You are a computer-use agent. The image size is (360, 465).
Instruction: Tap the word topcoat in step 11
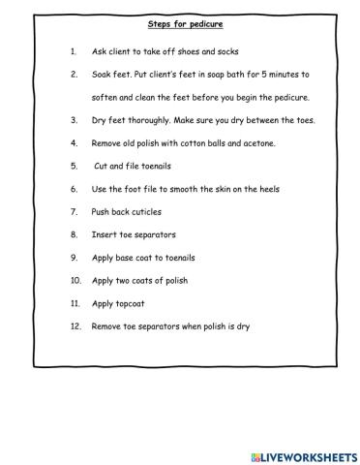point(131,304)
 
